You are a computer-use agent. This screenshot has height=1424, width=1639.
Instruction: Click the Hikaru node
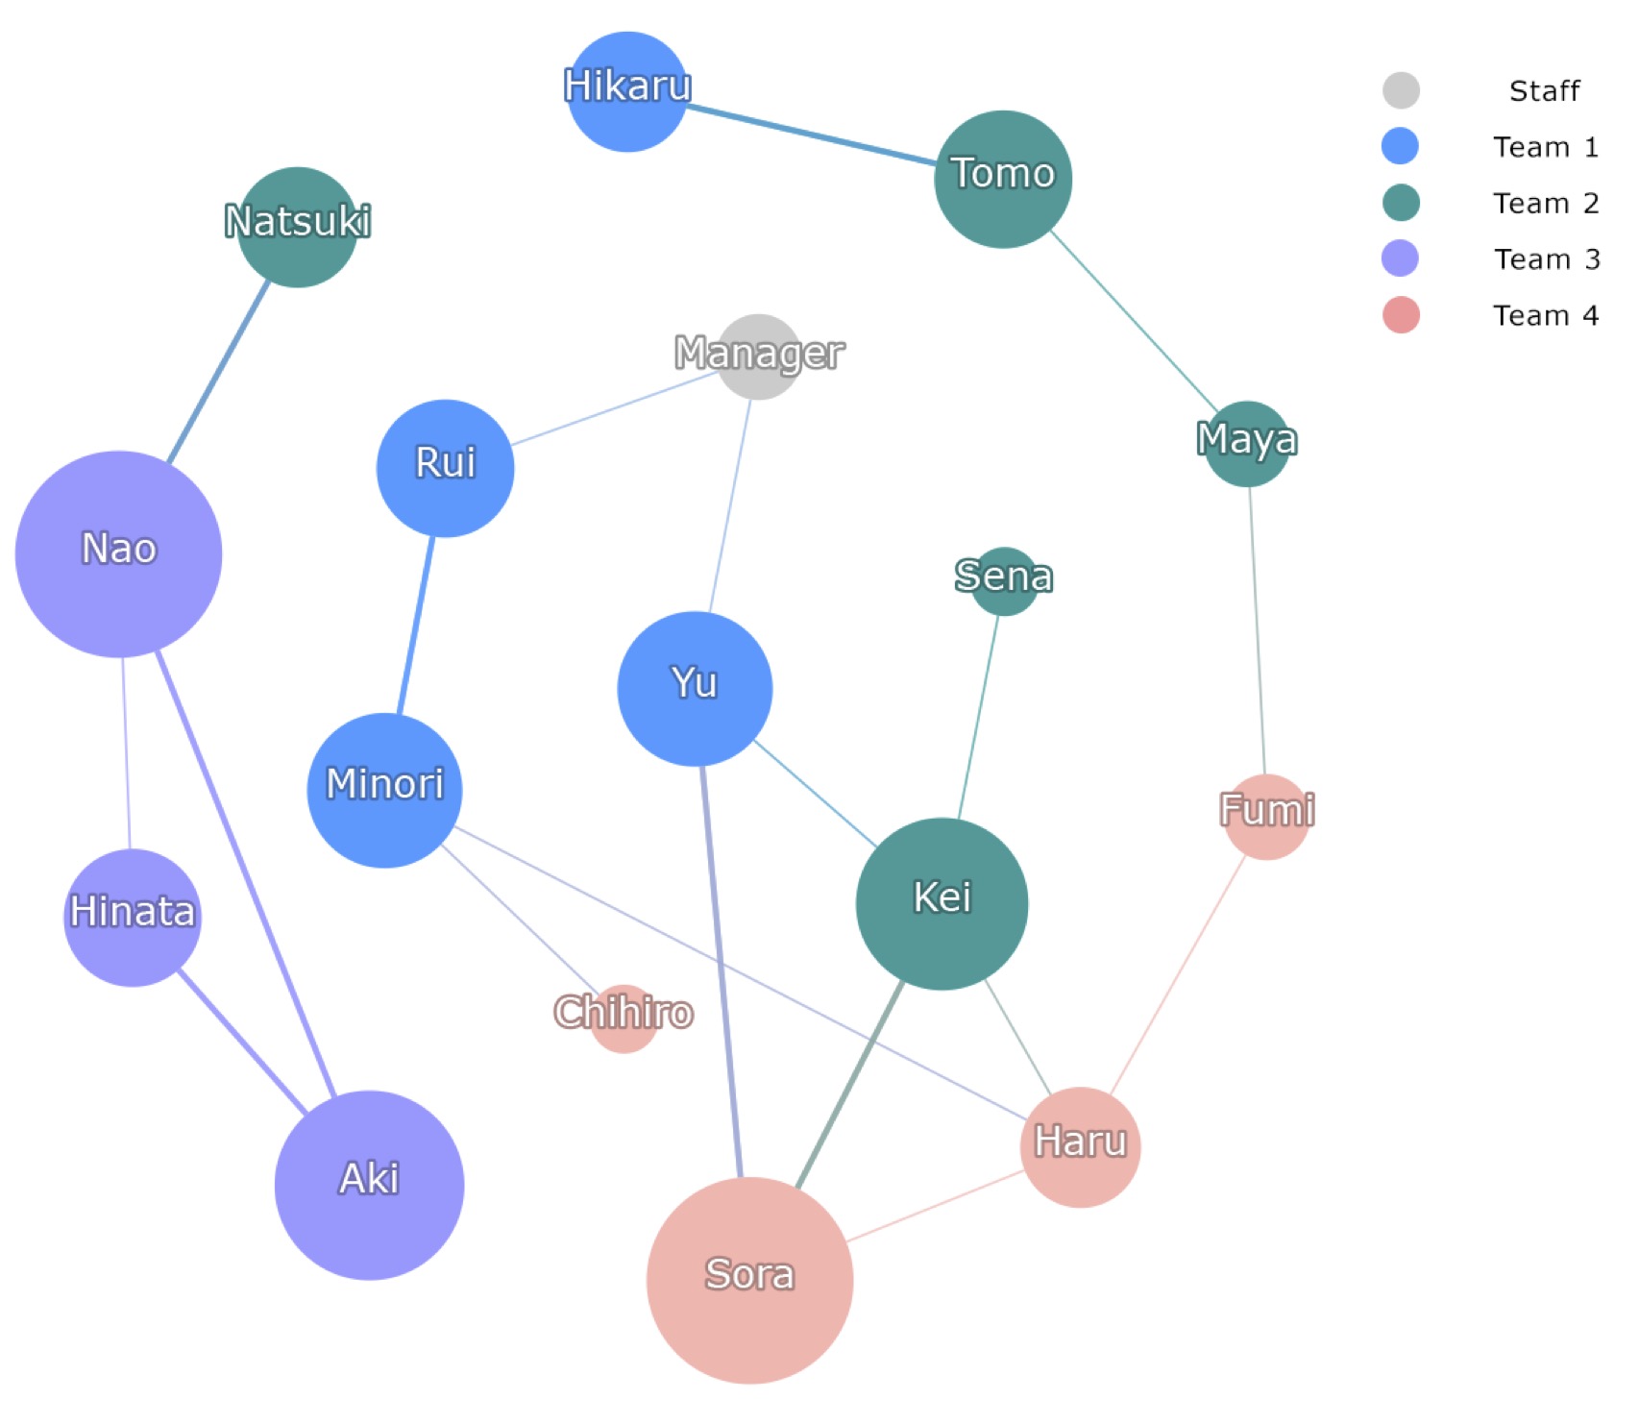click(627, 92)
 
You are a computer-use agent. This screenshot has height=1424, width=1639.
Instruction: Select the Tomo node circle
click(1003, 180)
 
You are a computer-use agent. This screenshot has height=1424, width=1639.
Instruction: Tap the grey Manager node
click(759, 356)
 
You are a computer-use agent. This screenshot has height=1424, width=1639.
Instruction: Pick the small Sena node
click(1004, 581)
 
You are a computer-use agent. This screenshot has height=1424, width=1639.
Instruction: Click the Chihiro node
click(624, 1019)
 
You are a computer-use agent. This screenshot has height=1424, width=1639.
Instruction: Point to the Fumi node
click(1267, 817)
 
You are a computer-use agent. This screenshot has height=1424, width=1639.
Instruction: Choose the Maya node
click(1248, 444)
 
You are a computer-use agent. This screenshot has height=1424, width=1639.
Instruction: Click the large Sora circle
click(750, 1280)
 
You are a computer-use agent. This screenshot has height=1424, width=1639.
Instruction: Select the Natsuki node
click(298, 228)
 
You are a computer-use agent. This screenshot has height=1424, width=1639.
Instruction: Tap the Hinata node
click(133, 918)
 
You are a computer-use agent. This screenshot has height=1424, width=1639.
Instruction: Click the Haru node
click(1081, 1147)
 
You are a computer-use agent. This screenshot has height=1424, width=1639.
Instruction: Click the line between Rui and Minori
click(416, 626)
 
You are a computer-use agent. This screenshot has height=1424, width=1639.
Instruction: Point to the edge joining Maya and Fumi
click(1257, 630)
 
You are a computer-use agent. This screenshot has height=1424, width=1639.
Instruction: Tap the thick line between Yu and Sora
click(722, 971)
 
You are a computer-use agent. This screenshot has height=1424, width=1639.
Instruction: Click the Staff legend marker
click(1401, 90)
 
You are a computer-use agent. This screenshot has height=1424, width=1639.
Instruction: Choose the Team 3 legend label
click(1547, 259)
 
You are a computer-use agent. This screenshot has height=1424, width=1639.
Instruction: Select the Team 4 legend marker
click(1401, 315)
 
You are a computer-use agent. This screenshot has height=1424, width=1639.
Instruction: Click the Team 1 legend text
click(1546, 147)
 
